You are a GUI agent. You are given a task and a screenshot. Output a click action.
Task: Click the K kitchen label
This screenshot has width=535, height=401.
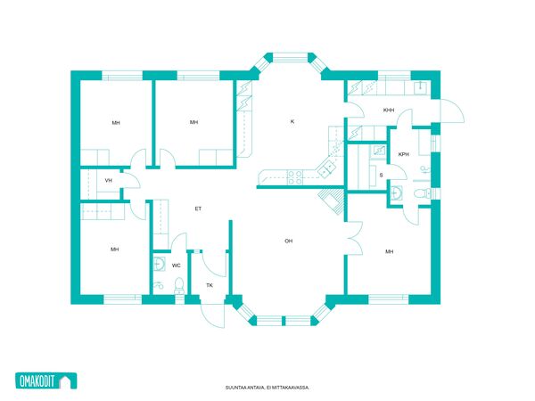(292, 121)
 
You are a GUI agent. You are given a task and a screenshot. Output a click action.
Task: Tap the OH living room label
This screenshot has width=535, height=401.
(289, 241)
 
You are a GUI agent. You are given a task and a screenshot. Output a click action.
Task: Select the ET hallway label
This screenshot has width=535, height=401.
(198, 209)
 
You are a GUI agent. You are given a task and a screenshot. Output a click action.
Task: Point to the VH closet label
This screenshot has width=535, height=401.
(109, 180)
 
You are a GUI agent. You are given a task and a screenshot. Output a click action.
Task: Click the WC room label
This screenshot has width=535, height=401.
(176, 266)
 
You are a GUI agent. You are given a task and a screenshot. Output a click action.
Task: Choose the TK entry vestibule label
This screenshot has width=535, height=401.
(210, 285)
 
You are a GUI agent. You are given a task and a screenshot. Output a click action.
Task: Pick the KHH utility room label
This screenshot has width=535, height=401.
(389, 110)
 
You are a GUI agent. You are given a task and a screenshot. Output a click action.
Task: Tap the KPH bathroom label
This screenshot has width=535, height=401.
(403, 154)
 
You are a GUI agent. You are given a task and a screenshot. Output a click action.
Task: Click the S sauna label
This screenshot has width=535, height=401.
(381, 176)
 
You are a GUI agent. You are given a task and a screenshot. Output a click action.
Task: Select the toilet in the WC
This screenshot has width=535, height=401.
(179, 286)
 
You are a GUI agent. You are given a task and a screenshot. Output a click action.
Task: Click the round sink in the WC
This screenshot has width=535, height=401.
(159, 263)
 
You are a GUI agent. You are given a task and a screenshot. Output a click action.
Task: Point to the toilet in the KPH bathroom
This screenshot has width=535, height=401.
(423, 193)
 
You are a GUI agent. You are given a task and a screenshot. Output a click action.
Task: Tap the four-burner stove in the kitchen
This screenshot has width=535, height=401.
(295, 177)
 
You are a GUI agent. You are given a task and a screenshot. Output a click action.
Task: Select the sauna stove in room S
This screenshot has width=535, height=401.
(378, 151)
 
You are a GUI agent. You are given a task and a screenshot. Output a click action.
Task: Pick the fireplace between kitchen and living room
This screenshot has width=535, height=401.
(331, 200)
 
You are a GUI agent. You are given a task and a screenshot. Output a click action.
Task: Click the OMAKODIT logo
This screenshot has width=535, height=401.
(46, 381)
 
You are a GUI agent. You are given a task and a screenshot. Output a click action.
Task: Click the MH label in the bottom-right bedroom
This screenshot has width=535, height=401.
(390, 251)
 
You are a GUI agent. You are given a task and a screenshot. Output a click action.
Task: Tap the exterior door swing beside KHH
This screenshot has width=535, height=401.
(452, 111)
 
